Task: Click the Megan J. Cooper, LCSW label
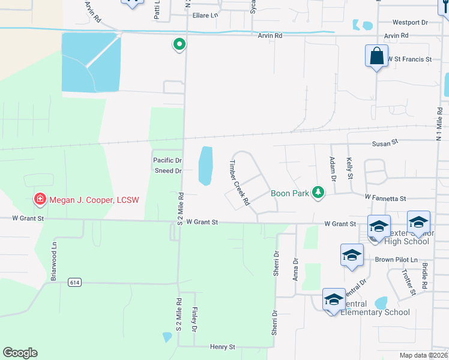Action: tap(94, 199)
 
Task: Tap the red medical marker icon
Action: tap(40, 199)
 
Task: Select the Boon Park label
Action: tap(289, 193)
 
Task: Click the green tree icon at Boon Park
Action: tap(318, 193)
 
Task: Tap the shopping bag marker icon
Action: tap(376, 57)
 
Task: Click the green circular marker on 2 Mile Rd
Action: tap(178, 44)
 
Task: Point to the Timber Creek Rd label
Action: tap(240, 183)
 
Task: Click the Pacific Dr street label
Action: tap(167, 160)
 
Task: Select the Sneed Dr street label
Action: tap(167, 171)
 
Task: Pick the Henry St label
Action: tap(222, 347)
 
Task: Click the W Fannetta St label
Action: tap(385, 198)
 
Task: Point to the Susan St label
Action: tap(385, 143)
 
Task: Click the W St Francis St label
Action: tap(409, 59)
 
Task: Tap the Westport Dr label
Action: tap(410, 23)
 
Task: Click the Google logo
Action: tap(20, 353)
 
